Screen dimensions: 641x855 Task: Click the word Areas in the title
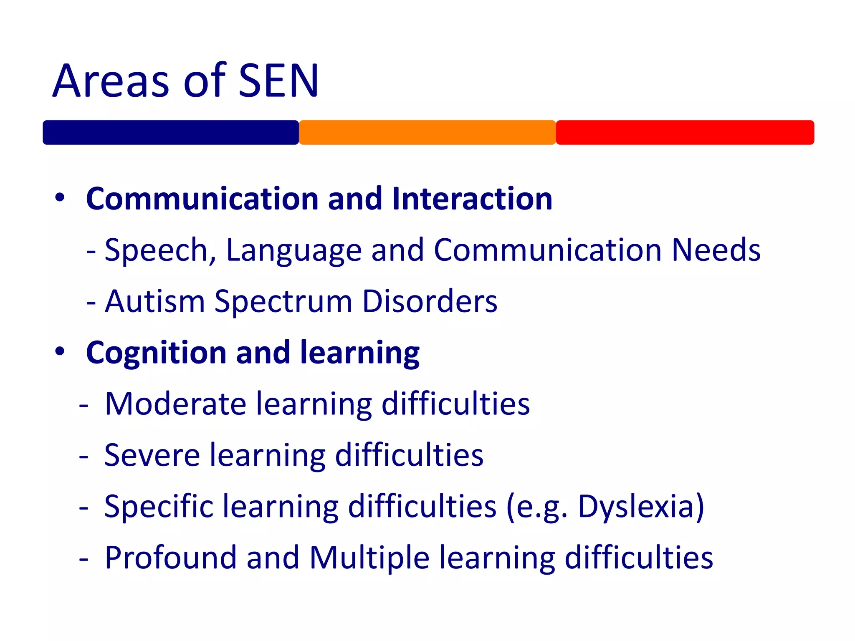click(x=111, y=81)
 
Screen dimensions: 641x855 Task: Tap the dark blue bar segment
click(x=170, y=133)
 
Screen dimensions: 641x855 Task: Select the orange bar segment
click(x=427, y=133)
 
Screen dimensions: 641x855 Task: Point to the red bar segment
click(x=685, y=133)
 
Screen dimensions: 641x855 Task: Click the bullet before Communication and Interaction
click(x=60, y=198)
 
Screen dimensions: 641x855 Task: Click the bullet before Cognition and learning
click(x=60, y=352)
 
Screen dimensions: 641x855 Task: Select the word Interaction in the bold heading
click(x=472, y=199)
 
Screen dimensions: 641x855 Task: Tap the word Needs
click(x=716, y=250)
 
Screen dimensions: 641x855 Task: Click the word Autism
click(x=155, y=301)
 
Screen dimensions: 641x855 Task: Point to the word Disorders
click(x=430, y=301)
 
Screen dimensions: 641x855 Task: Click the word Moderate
click(x=176, y=404)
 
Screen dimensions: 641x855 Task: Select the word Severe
click(x=152, y=455)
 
